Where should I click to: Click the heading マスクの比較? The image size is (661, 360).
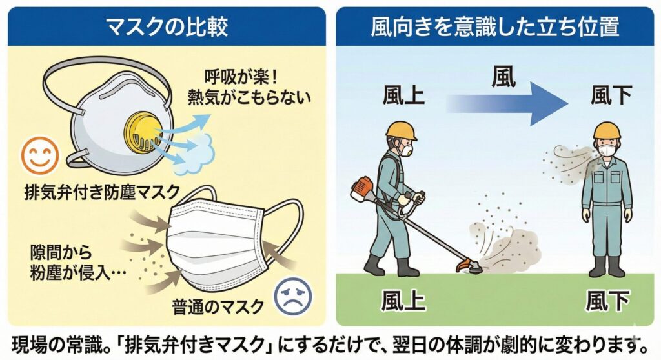(x=167, y=26)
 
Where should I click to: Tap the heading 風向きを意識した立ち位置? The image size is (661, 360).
(x=495, y=26)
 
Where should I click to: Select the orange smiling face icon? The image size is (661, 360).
(x=40, y=155)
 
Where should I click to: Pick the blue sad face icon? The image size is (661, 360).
(x=294, y=295)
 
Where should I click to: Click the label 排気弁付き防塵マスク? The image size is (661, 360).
(x=102, y=193)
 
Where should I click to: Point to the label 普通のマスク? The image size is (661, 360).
(x=218, y=307)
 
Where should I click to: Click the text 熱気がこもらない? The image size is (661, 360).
(x=250, y=97)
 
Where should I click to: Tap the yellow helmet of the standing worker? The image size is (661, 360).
(x=607, y=130)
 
